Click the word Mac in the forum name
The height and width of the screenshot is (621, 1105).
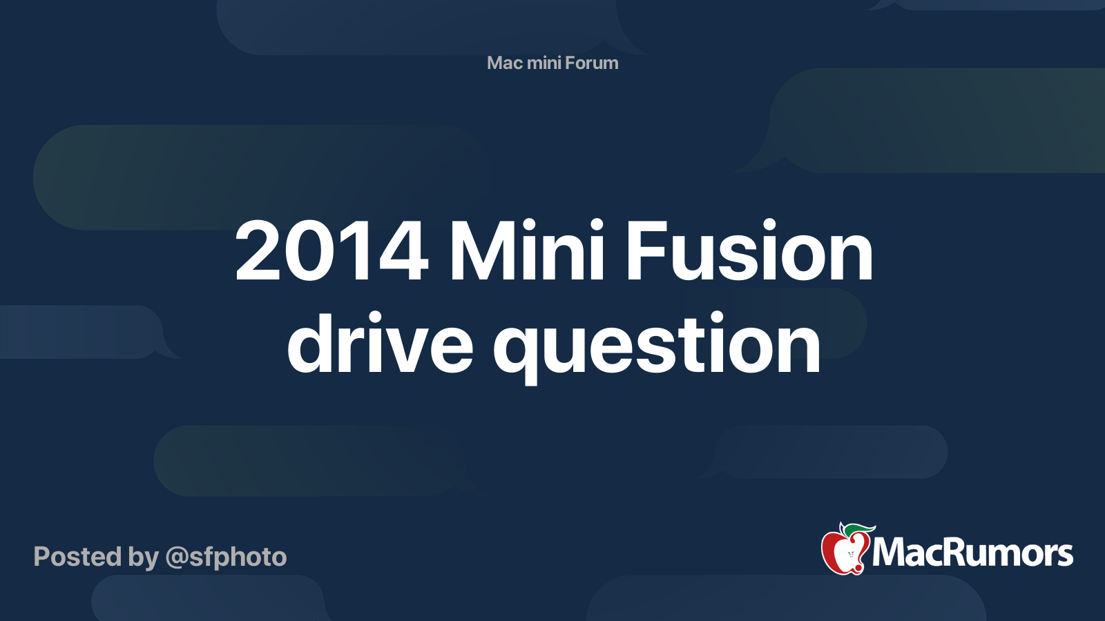[504, 63]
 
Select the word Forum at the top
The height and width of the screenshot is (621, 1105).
[592, 63]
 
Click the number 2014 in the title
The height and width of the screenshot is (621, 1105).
[331, 252]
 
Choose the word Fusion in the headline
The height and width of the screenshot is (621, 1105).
[749, 252]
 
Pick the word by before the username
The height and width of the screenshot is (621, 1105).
[144, 558]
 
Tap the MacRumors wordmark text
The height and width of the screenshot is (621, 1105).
[972, 553]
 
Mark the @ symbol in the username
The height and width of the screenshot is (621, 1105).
[176, 558]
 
